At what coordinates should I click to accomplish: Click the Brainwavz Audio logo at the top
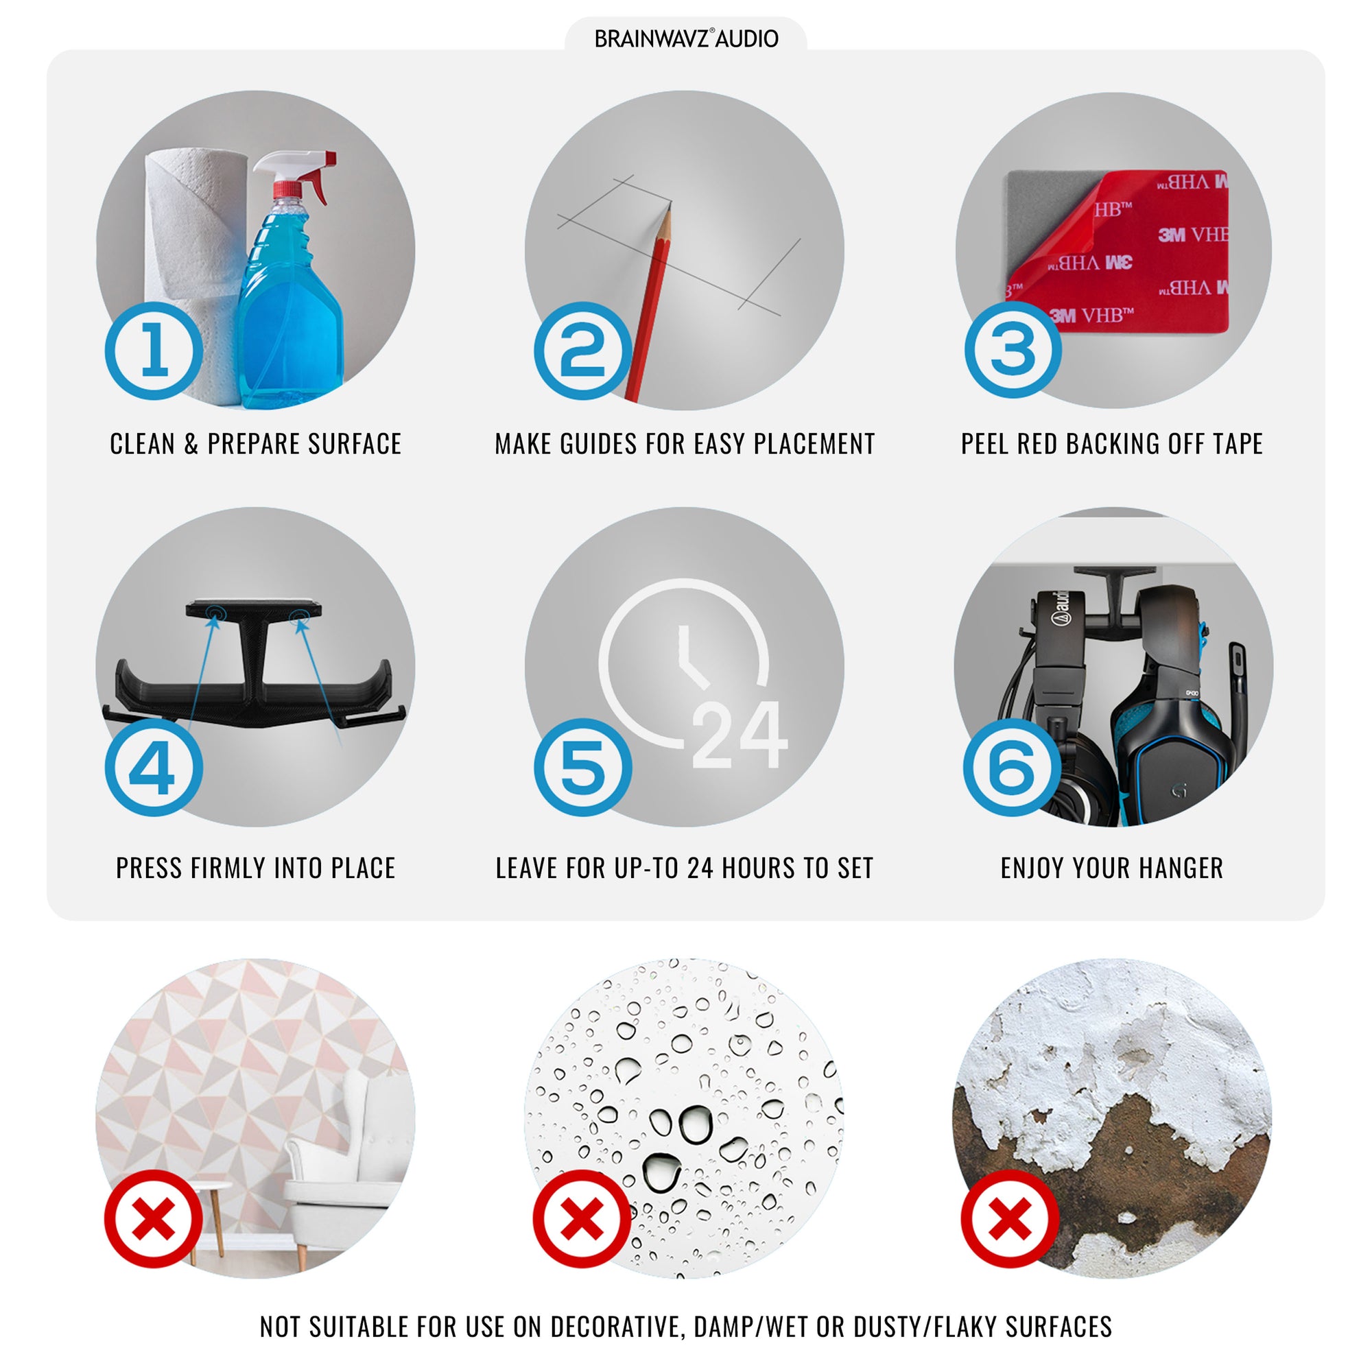(686, 38)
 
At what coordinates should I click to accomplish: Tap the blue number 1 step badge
(154, 350)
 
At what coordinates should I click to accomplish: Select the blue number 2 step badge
(582, 350)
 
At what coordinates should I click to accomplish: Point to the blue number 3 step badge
(1013, 348)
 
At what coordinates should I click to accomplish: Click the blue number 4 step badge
(154, 768)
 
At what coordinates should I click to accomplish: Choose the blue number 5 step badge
(582, 768)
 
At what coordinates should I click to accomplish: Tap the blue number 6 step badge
(1012, 768)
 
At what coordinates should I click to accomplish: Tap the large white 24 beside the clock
(740, 735)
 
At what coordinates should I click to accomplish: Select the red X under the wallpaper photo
(154, 1218)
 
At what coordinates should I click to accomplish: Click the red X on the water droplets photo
(582, 1218)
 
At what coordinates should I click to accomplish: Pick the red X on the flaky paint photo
(1010, 1218)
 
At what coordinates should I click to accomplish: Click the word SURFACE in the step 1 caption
(355, 444)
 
